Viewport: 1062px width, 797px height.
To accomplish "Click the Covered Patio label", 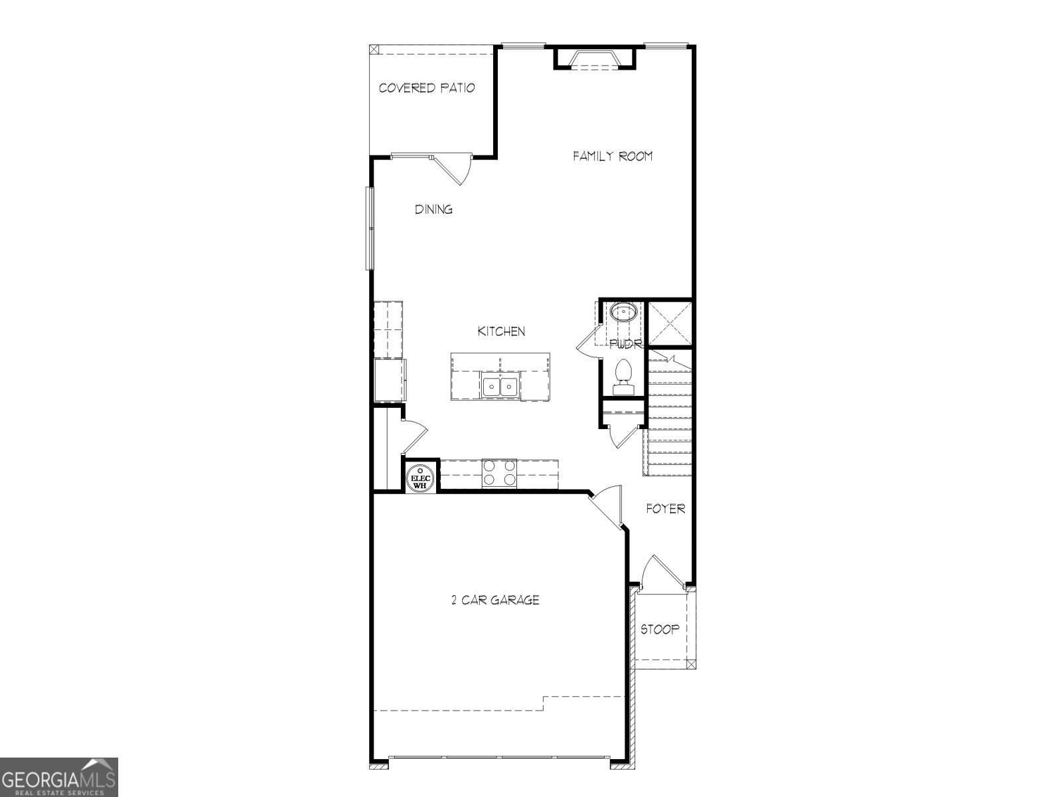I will click(x=427, y=88).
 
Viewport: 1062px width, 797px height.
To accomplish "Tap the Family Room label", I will click(x=613, y=156).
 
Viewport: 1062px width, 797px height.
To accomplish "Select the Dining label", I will click(x=434, y=209).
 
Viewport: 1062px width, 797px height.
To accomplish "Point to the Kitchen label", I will click(x=501, y=331).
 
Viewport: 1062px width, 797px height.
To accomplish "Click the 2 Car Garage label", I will click(x=495, y=600).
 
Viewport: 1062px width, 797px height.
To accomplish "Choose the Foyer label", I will click(x=666, y=509).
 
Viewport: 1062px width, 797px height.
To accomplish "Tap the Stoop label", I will click(x=659, y=629).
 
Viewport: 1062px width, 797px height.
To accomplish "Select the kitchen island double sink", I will click(x=500, y=386).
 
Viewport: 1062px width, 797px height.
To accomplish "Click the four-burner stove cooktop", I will click(x=499, y=473).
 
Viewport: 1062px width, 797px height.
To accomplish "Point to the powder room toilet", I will click(x=624, y=375).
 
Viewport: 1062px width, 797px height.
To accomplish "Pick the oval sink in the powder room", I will click(x=623, y=311).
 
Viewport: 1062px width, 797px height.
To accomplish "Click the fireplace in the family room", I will click(x=595, y=59).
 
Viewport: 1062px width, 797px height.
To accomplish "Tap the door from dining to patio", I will click(x=454, y=168).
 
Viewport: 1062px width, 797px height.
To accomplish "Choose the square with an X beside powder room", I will click(x=670, y=323).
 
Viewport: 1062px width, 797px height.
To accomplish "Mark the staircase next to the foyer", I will click(x=669, y=418).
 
